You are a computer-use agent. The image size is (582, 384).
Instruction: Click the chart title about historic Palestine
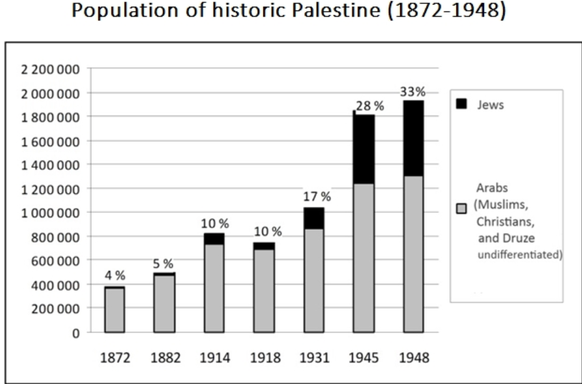pyautogui.click(x=291, y=12)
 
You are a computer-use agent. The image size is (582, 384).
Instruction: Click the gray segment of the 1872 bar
pyautogui.click(x=114, y=310)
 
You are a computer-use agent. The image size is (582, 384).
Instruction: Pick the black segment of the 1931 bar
pyautogui.click(x=313, y=218)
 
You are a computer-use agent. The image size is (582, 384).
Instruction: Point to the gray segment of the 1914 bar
pyautogui.click(x=214, y=288)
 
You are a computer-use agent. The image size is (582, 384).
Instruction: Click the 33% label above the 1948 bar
pyautogui.click(x=413, y=92)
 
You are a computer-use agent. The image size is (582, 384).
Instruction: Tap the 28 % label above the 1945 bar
pyautogui.click(x=370, y=106)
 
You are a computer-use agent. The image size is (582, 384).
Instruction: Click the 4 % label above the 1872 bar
pyautogui.click(x=115, y=275)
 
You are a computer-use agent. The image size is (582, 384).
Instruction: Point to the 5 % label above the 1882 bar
pyautogui.click(x=164, y=265)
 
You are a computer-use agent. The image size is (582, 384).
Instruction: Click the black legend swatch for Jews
pyautogui.click(x=462, y=104)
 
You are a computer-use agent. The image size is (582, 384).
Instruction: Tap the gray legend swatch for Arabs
pyautogui.click(x=462, y=209)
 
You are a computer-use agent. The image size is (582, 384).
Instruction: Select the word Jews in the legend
pyautogui.click(x=490, y=105)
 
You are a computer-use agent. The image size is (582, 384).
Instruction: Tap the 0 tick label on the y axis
pyautogui.click(x=76, y=333)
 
